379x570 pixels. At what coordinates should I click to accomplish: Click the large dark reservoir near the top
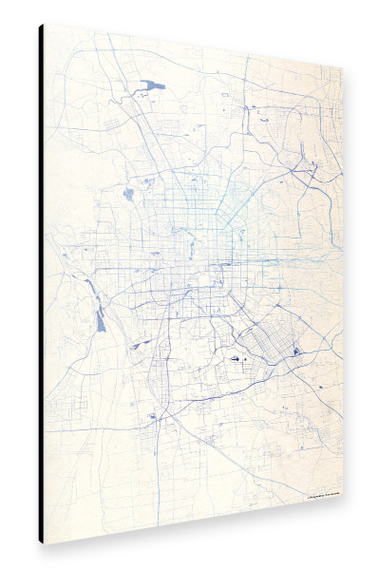click(x=152, y=85)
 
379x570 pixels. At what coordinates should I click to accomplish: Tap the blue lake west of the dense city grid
click(x=128, y=195)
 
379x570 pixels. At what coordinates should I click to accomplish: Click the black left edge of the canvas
click(x=41, y=285)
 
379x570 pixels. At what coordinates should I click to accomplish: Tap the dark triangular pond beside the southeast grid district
click(x=295, y=351)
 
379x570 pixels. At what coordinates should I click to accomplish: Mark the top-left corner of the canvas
click(x=44, y=24)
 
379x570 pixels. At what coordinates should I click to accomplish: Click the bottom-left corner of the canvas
click(x=44, y=542)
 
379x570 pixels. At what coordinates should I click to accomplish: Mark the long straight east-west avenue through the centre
click(x=190, y=260)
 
